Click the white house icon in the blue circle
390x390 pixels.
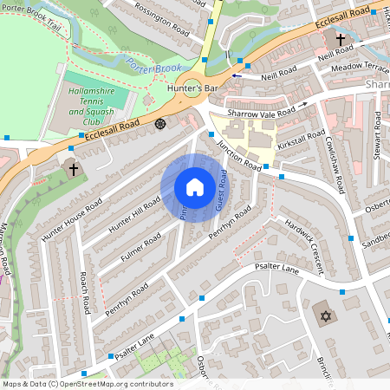195,187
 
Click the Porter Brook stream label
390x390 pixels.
153,68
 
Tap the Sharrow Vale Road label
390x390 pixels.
259,111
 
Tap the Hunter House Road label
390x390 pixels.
71,219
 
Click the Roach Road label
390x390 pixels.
85,292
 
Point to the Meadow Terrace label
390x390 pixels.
356,66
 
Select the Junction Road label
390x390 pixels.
238,155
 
